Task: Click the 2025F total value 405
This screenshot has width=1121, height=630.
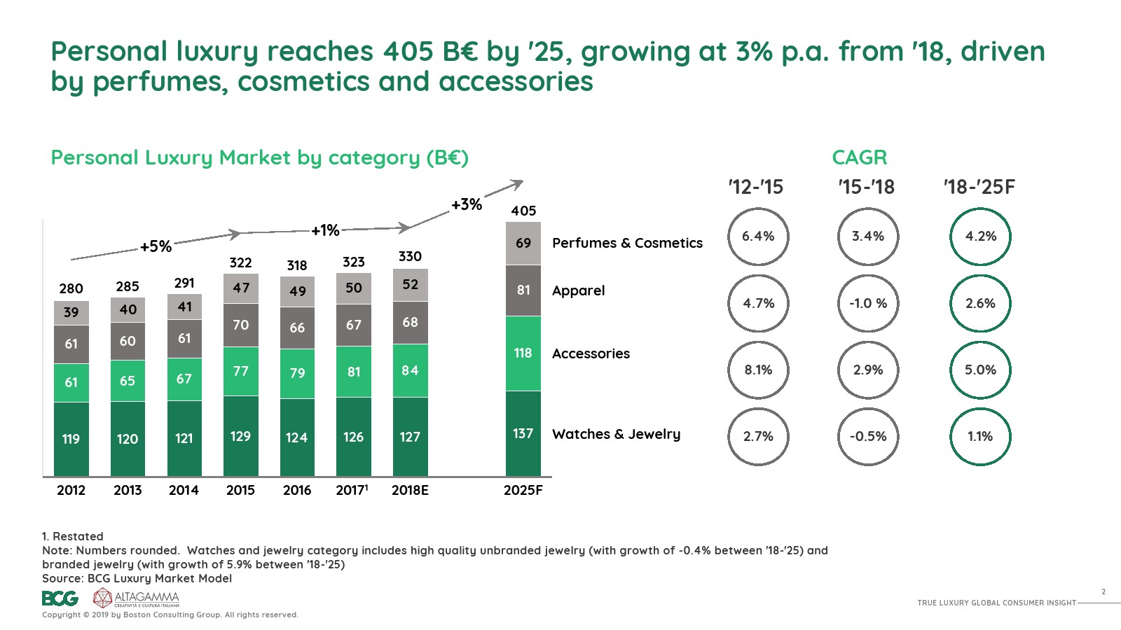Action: [523, 211]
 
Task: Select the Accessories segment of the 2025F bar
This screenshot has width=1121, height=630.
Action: [523, 353]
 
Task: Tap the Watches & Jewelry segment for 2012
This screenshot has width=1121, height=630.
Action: [71, 439]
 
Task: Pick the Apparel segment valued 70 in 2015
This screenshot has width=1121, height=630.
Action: [240, 325]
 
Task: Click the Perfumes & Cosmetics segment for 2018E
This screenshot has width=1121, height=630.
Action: [410, 285]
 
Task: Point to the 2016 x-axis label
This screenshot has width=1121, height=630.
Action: [297, 490]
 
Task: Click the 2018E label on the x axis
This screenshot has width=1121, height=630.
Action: [410, 490]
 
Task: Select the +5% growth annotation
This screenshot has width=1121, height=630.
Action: [156, 246]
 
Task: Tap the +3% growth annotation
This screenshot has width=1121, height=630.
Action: [467, 204]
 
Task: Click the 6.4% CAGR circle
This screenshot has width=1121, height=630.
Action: [758, 237]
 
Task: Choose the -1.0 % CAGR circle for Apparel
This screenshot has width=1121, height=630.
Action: [868, 303]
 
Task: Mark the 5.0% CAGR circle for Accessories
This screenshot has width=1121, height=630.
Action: [980, 370]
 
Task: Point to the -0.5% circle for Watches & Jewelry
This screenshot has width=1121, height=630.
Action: [868, 436]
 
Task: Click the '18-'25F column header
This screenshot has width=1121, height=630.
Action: [979, 187]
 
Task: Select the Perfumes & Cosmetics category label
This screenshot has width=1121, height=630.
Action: [627, 243]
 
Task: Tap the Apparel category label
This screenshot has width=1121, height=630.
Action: [578, 290]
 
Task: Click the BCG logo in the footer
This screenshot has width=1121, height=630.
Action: [60, 598]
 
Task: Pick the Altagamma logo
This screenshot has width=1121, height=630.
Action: [137, 598]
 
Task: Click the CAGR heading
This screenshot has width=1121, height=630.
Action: [860, 157]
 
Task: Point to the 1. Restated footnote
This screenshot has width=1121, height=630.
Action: [73, 536]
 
